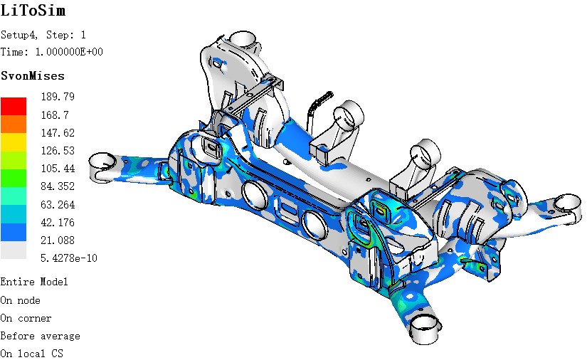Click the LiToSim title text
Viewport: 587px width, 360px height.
pyautogui.click(x=33, y=10)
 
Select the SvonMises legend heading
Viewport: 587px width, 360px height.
pyautogui.click(x=33, y=76)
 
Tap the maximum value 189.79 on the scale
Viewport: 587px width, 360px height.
pyautogui.click(x=58, y=97)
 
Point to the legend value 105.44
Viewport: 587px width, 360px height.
pyautogui.click(x=58, y=169)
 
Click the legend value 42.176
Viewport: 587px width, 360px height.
pyautogui.click(x=58, y=223)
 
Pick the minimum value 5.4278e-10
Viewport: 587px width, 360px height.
pyautogui.click(x=69, y=258)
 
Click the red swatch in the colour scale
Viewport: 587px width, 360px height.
pyautogui.click(x=14, y=106)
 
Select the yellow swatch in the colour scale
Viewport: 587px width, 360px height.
pyautogui.click(x=14, y=142)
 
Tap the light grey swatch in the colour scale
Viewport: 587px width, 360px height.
pyautogui.click(x=14, y=250)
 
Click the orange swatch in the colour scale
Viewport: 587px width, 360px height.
pyautogui.click(x=14, y=125)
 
